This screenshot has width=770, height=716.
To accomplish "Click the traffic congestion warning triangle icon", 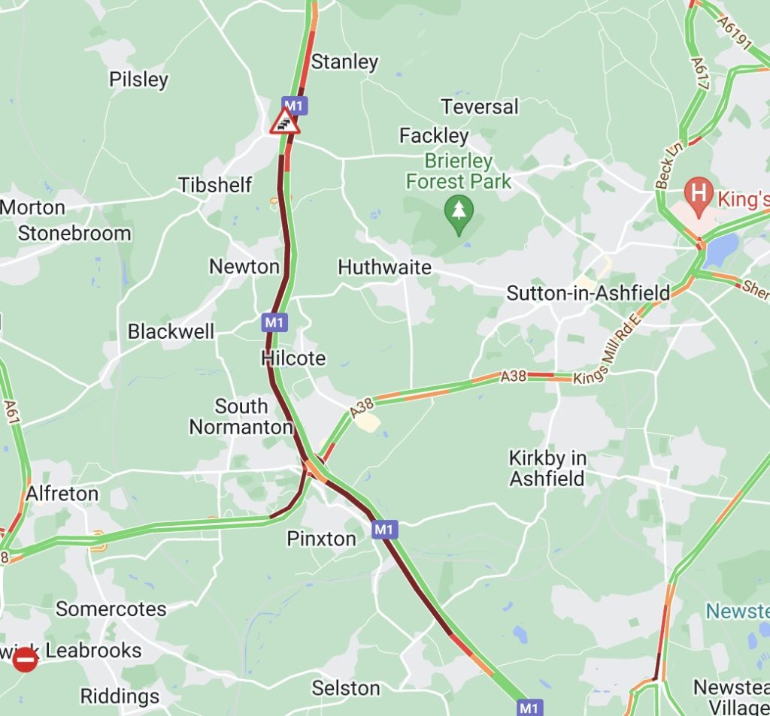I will click(285, 122).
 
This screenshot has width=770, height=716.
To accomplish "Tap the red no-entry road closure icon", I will click(25, 660).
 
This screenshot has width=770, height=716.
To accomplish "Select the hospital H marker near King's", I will click(699, 192).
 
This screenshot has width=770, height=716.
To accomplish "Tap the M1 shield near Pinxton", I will click(383, 530).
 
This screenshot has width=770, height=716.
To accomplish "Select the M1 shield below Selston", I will click(529, 707).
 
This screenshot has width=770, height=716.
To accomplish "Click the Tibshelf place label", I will click(215, 185).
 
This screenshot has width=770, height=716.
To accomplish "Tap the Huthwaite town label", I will click(385, 267).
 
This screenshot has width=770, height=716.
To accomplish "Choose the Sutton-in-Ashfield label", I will click(588, 293).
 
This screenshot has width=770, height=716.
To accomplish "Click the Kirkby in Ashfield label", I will click(547, 468).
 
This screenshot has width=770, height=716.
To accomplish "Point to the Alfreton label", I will click(62, 494).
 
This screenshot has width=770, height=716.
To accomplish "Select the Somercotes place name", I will click(111, 609).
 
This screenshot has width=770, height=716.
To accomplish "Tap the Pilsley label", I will click(138, 80).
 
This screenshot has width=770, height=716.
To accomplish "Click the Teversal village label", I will click(480, 107).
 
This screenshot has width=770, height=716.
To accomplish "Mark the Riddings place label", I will click(120, 696).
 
